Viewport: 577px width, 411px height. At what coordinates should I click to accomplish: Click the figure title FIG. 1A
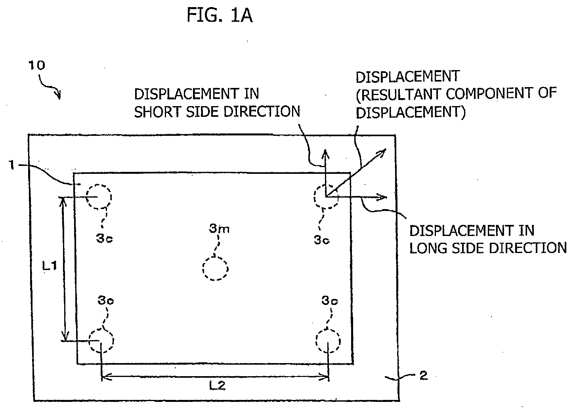tap(220, 15)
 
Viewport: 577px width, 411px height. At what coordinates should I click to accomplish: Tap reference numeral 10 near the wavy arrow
tap(36, 65)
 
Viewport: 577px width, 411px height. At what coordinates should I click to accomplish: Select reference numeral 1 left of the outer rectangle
tap(11, 165)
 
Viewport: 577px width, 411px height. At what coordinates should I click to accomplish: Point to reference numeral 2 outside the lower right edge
tap(424, 375)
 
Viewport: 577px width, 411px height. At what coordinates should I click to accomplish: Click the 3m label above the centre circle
tap(219, 228)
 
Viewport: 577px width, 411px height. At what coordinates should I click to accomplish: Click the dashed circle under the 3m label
tap(215, 268)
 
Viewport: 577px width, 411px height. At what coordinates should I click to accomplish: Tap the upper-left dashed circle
tap(99, 196)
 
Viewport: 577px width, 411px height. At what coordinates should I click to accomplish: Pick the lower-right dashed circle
tap(328, 341)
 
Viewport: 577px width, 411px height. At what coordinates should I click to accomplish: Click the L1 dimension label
tap(49, 266)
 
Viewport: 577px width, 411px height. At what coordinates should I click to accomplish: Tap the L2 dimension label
tap(217, 385)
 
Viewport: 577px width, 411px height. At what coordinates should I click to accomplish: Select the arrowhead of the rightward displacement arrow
tap(382, 197)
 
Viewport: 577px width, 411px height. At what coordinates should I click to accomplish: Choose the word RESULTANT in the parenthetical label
tap(401, 94)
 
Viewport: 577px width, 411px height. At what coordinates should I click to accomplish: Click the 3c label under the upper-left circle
tap(105, 238)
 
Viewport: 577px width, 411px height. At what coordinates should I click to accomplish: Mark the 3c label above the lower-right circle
tap(329, 301)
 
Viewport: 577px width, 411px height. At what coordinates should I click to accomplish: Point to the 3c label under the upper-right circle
tap(322, 240)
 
